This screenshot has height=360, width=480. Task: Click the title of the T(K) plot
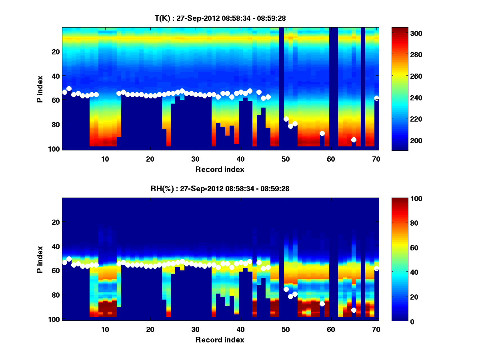(x=220, y=18)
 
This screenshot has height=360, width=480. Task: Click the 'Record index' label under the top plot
(x=220, y=169)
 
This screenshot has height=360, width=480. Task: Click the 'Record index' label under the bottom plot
(x=220, y=340)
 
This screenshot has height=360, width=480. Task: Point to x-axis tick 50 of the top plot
(x=286, y=159)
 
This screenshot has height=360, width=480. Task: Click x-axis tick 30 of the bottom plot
(x=195, y=329)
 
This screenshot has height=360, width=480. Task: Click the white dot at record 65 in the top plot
(x=354, y=140)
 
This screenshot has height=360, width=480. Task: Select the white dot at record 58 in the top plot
(x=322, y=133)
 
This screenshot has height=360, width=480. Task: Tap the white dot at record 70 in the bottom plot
(x=376, y=268)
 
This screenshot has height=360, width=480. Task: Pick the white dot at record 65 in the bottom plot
(x=354, y=310)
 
